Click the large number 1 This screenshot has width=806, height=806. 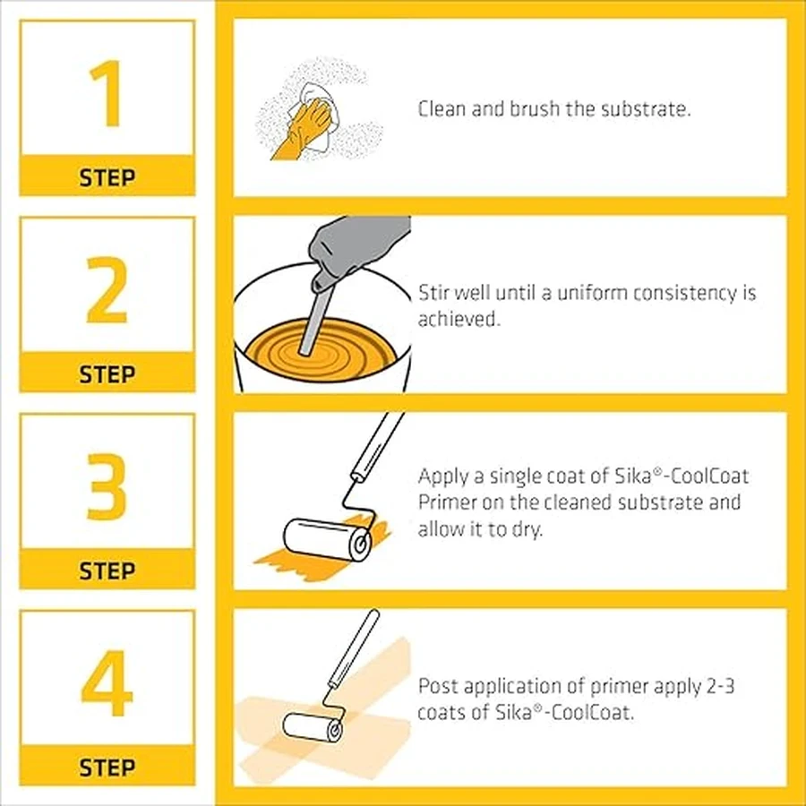(107, 93)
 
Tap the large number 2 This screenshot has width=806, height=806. (107, 290)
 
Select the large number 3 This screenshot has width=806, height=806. (107, 486)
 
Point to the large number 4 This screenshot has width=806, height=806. (107, 683)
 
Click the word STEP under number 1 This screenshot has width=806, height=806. (107, 178)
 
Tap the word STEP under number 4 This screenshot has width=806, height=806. (107, 767)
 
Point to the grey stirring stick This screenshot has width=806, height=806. (317, 319)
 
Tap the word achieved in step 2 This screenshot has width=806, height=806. (459, 319)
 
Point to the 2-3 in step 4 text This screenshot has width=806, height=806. (720, 686)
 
